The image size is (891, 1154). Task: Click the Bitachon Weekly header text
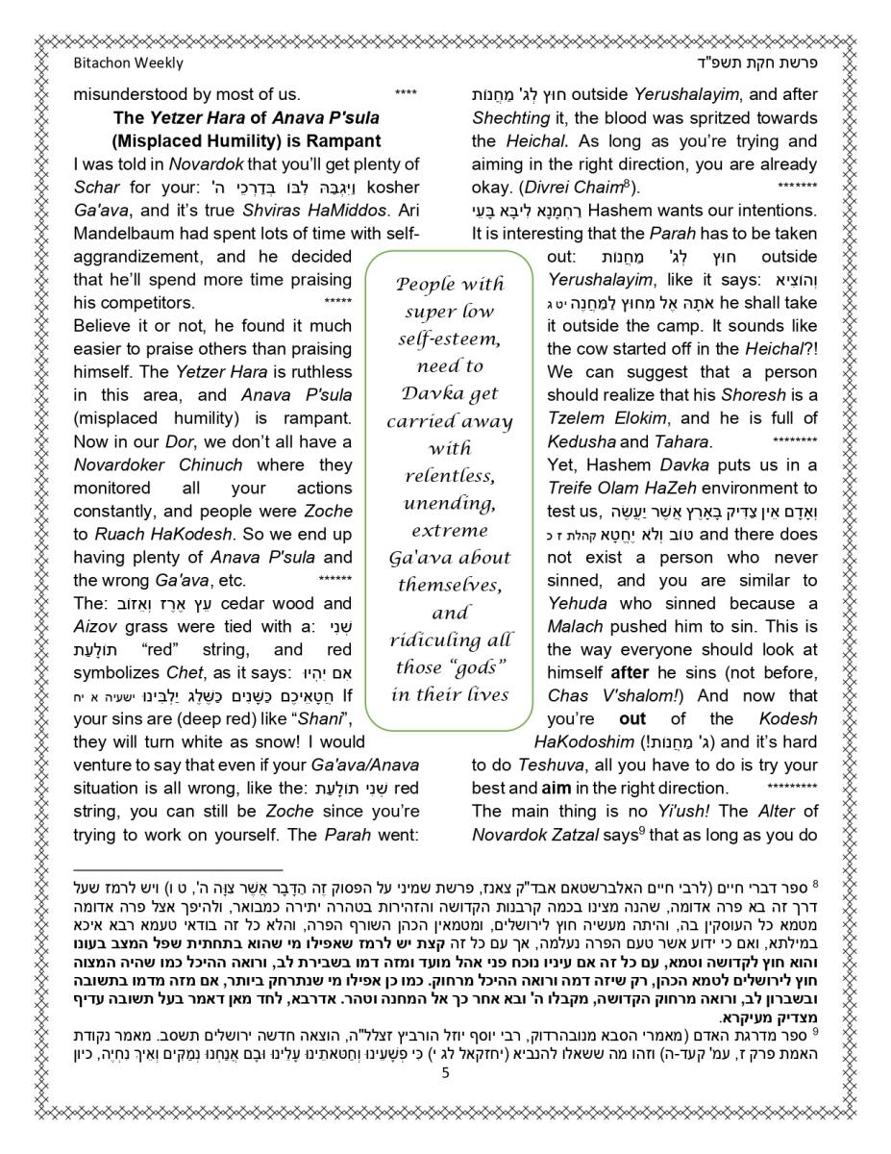coord(128,63)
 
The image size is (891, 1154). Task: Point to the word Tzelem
coord(577,418)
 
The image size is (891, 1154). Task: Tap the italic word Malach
coord(575,626)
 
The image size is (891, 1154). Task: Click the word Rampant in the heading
coord(318,141)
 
